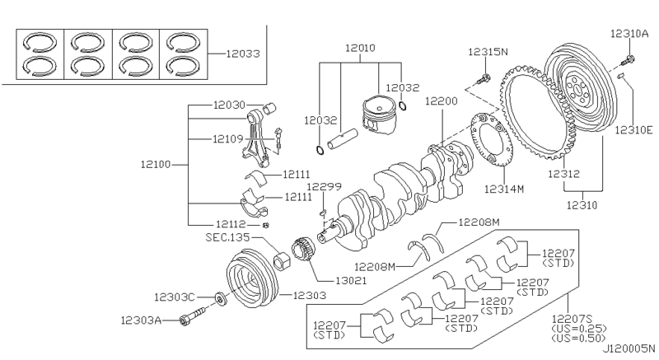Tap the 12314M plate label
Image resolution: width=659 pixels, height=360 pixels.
(x=504, y=189)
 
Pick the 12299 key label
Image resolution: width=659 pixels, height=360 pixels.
(x=325, y=187)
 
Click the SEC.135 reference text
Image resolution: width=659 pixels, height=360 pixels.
(x=227, y=236)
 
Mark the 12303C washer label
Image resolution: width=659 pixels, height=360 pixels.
(x=173, y=296)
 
